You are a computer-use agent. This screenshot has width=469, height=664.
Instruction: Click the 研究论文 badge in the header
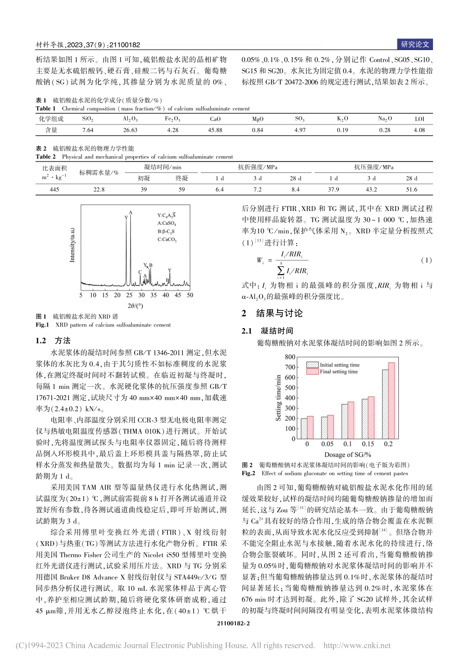pos(415,44)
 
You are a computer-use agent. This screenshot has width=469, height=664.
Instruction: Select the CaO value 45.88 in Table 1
pos(215,130)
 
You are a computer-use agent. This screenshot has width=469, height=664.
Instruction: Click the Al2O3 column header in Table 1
pos(130,119)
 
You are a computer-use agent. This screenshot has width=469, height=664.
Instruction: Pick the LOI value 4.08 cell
pos(419,130)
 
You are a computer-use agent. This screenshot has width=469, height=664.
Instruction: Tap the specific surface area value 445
pos(54,189)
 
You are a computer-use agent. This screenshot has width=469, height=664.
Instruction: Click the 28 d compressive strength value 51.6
pos(411,189)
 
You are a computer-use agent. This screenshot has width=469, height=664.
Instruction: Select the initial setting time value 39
pos(144,189)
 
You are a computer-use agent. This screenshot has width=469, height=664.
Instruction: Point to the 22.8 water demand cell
pos(99,189)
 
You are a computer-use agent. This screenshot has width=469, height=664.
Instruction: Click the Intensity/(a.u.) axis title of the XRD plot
pos(73,245)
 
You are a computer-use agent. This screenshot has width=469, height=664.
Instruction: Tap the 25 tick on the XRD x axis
pos(129,295)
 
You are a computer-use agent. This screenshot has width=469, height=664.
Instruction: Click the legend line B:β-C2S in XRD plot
pos(166,231)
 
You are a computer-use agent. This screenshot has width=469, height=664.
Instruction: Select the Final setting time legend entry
pos(338,372)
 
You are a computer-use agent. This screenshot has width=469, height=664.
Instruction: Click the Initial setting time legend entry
pos(339,365)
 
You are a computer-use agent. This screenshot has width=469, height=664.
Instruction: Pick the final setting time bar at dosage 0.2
pos(391,401)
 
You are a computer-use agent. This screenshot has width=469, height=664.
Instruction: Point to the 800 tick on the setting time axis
pos(290,357)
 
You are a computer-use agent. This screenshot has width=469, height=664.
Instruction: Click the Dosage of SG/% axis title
pos(348,455)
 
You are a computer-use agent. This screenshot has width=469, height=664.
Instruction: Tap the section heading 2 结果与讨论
pos(273,313)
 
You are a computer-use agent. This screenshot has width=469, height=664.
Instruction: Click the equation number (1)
pos(426,260)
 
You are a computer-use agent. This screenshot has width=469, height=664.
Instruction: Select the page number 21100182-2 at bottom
pos(234,623)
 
